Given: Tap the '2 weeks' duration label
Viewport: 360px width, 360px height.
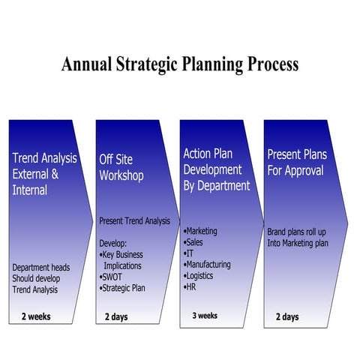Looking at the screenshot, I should click(x=36, y=316).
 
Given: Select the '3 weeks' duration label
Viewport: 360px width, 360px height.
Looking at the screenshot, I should click(x=205, y=315).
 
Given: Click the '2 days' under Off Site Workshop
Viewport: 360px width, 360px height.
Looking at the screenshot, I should click(x=116, y=316).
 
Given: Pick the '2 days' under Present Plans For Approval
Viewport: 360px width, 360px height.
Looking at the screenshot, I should click(x=287, y=316).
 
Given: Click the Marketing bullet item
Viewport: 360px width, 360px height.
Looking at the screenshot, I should click(x=202, y=231).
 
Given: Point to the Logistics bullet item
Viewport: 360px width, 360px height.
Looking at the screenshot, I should click(x=201, y=276).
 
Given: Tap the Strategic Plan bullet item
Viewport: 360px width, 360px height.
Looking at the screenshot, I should click(x=124, y=288).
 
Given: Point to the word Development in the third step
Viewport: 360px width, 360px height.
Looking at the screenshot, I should click(x=212, y=169).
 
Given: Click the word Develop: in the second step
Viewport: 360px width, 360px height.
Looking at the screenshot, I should click(x=113, y=244).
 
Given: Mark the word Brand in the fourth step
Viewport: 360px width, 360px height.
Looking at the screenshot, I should click(x=278, y=232).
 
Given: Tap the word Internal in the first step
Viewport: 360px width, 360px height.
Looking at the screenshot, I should click(x=30, y=190).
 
